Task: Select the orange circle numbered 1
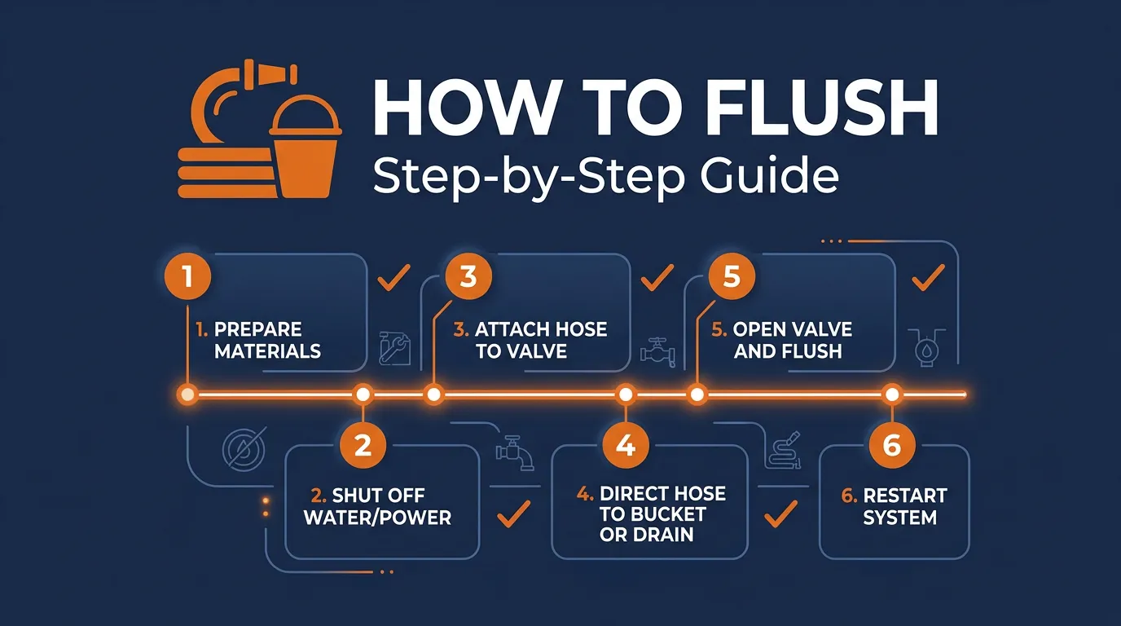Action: click(x=188, y=277)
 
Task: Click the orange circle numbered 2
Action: click(x=363, y=445)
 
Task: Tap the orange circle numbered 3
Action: click(x=468, y=277)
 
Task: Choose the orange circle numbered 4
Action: click(x=625, y=445)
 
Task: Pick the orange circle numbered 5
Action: click(x=732, y=277)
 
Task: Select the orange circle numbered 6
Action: click(x=892, y=445)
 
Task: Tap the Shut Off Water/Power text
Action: click(x=377, y=506)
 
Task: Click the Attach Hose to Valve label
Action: click(x=530, y=341)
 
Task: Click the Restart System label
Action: click(x=904, y=506)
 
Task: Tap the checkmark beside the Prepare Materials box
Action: click(x=394, y=280)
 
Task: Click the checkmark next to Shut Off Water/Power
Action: click(x=513, y=513)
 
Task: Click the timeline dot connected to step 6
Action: click(x=892, y=395)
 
